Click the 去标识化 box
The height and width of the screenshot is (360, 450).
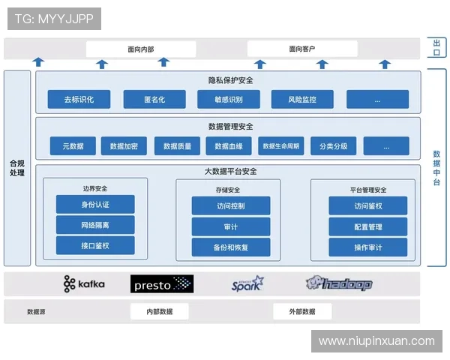click(x=79, y=100)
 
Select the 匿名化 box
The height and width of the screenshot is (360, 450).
click(x=154, y=100)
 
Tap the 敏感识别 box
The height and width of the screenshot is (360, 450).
click(x=229, y=100)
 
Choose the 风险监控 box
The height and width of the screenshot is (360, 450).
click(x=303, y=100)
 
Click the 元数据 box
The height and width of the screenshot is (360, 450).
click(x=73, y=146)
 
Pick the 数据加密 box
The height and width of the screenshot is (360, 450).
click(x=124, y=146)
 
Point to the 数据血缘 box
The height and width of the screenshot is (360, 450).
click(x=229, y=146)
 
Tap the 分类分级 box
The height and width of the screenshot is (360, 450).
click(x=334, y=146)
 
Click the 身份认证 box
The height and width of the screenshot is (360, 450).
click(x=95, y=204)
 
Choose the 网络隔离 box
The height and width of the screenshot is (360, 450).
click(x=95, y=225)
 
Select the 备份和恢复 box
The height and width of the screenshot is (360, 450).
click(x=230, y=247)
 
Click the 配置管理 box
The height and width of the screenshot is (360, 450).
click(x=368, y=226)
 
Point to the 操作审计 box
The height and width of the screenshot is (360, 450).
click(x=368, y=247)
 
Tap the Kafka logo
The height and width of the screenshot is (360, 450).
click(x=84, y=283)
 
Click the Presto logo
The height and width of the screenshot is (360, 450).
click(x=162, y=283)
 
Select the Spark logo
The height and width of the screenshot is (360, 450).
click(x=247, y=283)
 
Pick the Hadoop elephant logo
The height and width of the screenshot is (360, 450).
click(x=339, y=283)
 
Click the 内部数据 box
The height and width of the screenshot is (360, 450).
click(x=159, y=311)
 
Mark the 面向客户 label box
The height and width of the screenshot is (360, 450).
click(x=301, y=49)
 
